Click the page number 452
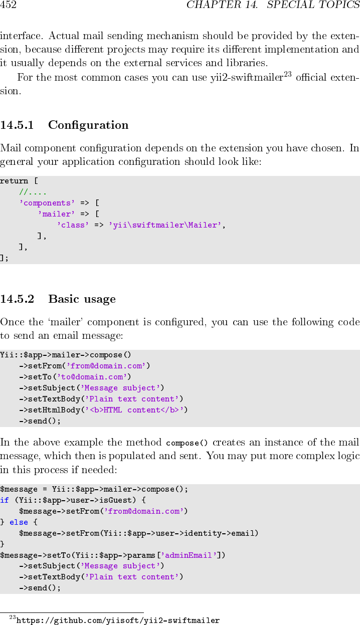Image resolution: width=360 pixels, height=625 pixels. click(9, 6)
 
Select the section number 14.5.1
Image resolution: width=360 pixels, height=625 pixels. click(17, 125)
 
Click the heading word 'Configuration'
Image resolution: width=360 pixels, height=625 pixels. click(88, 125)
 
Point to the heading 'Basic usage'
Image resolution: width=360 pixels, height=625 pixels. click(82, 299)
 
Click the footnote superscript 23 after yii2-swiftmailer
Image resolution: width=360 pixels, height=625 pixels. click(288, 75)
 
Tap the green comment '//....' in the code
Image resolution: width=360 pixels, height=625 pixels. click(33, 192)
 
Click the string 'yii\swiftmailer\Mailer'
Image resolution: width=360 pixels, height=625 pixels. click(165, 225)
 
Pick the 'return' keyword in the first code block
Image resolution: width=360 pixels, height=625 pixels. click(14, 181)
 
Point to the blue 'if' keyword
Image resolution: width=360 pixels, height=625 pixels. click(5, 500)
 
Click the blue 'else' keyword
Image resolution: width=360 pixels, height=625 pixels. click(19, 522)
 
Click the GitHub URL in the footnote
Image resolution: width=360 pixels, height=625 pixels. click(118, 620)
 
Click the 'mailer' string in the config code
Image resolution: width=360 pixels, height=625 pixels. click(56, 214)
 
